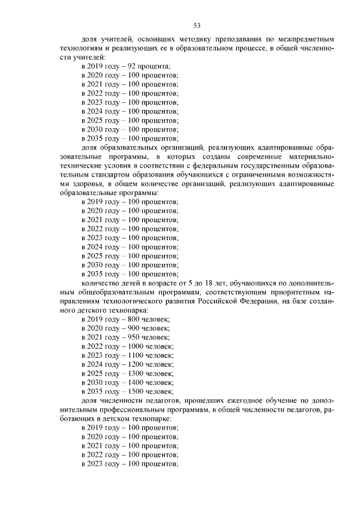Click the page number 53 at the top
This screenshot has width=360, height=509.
[x=197, y=25]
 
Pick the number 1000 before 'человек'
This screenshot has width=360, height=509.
[x=137, y=346]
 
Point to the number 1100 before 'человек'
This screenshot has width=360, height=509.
[x=137, y=355]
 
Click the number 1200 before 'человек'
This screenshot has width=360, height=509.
[x=137, y=364]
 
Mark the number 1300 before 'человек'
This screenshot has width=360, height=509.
[x=137, y=373]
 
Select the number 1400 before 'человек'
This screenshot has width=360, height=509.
[x=137, y=382]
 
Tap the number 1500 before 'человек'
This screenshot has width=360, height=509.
[x=137, y=391]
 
